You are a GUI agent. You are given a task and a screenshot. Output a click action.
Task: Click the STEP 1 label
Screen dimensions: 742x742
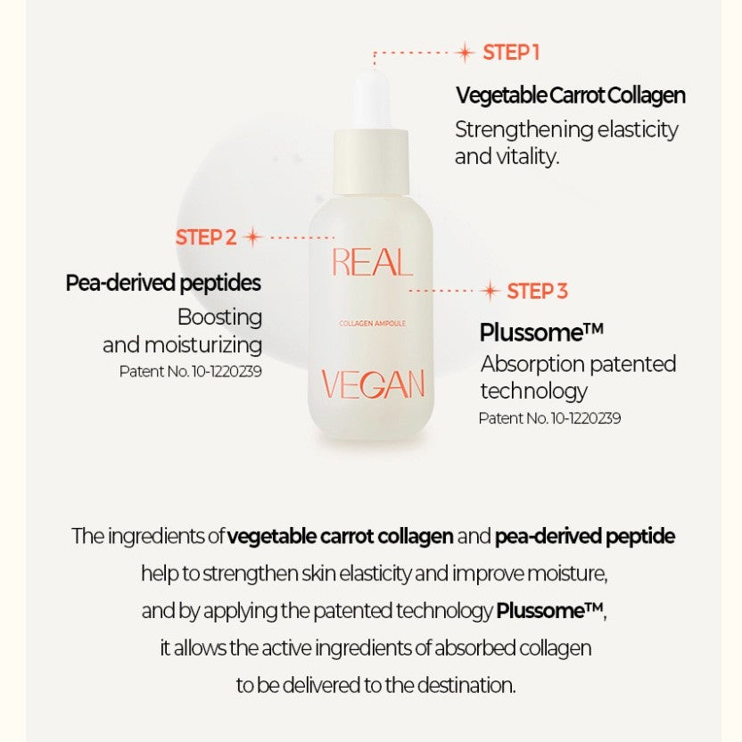click(511, 53)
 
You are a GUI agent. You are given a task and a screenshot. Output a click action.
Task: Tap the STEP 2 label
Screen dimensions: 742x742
click(206, 237)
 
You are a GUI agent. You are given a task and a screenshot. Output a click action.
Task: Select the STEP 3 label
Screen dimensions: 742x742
click(537, 292)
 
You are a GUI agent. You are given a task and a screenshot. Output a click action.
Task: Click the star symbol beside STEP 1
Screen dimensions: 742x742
click(465, 53)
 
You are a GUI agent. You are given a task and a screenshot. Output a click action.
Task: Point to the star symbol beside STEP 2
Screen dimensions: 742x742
click(253, 237)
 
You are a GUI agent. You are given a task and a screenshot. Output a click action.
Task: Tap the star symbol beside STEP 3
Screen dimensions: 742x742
click(490, 291)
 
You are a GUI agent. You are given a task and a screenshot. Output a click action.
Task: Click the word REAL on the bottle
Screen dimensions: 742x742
click(372, 262)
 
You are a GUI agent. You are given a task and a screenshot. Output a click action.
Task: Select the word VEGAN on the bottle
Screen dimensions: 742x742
click(373, 383)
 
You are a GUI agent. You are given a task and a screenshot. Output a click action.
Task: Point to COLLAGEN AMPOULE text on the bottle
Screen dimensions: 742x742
click(373, 324)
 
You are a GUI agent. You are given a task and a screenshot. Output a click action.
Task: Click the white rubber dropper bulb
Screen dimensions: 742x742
click(373, 100)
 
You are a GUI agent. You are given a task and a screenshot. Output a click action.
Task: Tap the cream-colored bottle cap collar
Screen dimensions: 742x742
click(372, 161)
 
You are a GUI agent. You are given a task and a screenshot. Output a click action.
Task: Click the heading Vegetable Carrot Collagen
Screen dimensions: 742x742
click(571, 95)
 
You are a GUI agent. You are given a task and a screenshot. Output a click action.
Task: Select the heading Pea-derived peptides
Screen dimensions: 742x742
click(163, 283)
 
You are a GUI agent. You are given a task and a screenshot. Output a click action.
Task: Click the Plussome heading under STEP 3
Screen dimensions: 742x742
click(541, 332)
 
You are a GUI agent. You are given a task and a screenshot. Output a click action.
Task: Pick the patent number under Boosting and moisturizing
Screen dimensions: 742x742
click(190, 372)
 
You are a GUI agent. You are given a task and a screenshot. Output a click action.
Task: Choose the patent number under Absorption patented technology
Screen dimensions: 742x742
click(549, 418)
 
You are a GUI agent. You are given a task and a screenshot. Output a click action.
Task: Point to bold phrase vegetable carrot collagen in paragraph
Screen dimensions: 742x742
click(341, 537)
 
